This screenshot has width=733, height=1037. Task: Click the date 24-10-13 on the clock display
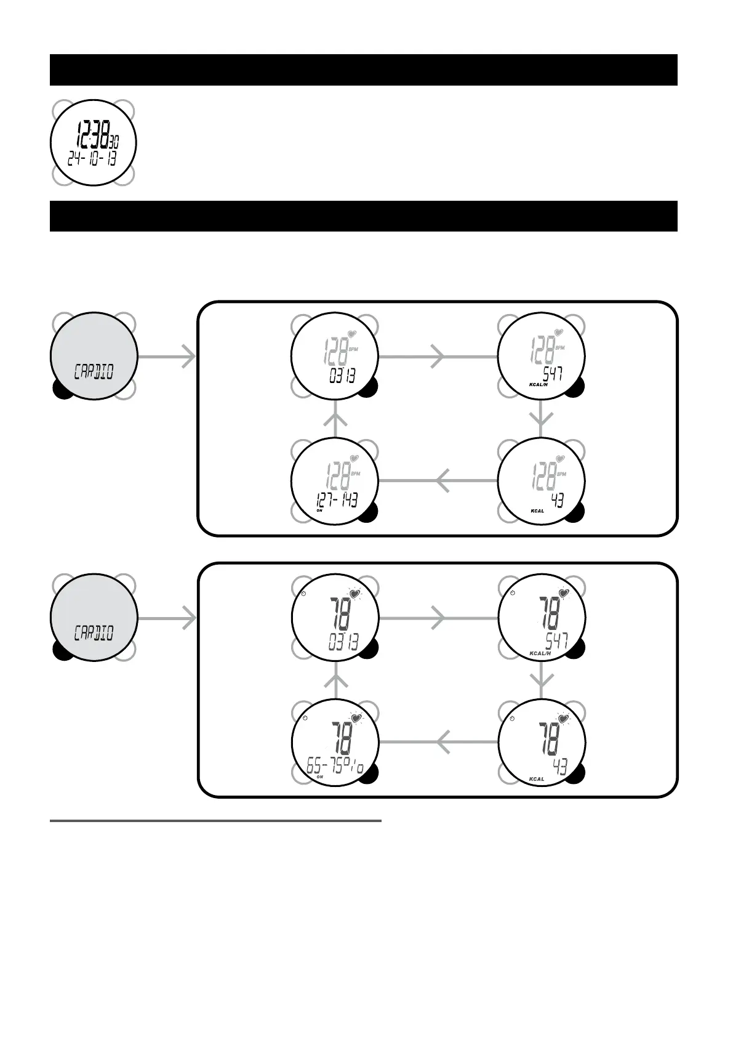coord(92,159)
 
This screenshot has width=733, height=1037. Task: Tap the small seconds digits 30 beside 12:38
coord(114,143)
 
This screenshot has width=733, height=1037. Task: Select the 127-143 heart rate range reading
coord(336,499)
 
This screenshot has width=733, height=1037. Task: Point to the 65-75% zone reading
coord(336,765)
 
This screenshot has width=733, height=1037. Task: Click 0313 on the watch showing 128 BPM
coord(342,374)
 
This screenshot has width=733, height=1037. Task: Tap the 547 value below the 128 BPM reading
coord(553,373)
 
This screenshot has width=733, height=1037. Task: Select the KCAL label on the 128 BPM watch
coord(537,510)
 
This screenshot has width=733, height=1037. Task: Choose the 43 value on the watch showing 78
coord(559,767)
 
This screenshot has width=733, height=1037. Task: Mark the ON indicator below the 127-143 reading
coord(319,510)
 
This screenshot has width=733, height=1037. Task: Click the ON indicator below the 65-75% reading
coord(320,778)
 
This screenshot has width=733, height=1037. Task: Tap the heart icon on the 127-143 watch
coord(354,458)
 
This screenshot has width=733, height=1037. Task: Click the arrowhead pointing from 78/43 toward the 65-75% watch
coord(443,742)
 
